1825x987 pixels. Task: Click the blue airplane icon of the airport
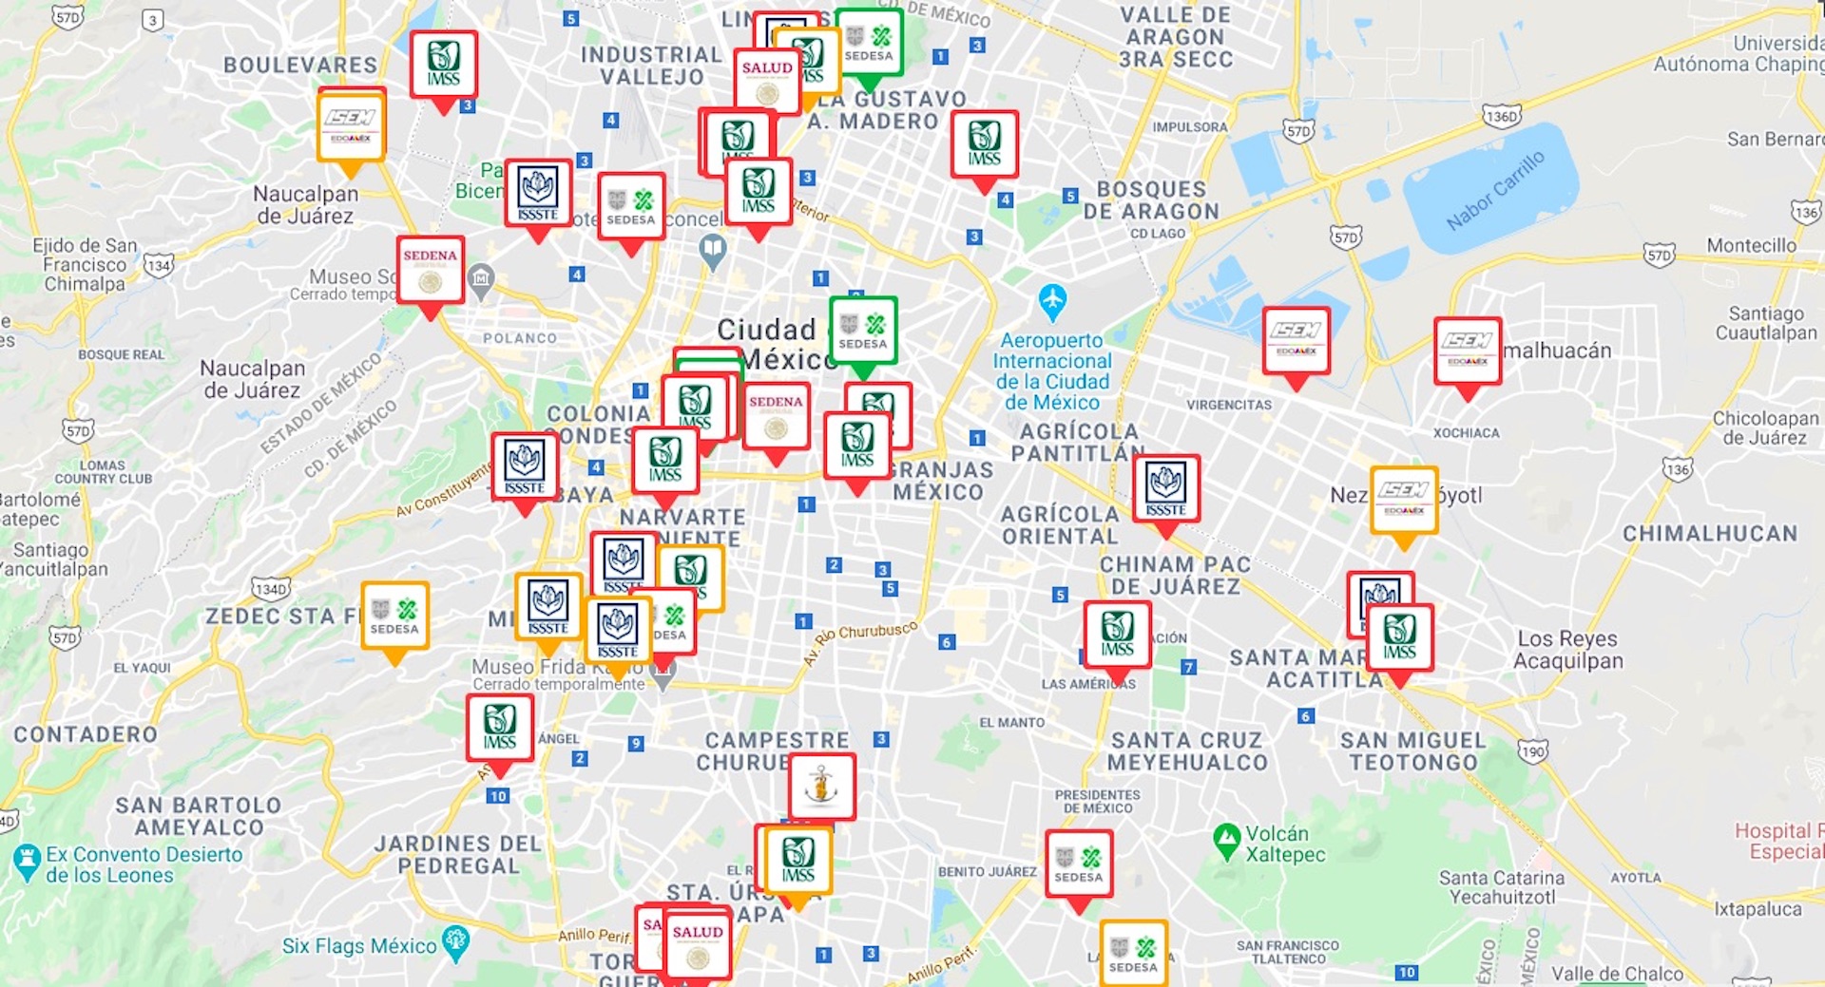tap(1052, 300)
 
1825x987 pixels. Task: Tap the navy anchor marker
tap(821, 787)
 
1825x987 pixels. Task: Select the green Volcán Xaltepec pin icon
tap(1227, 839)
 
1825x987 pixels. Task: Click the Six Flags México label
tap(359, 946)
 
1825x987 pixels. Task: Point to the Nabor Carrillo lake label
tap(1495, 190)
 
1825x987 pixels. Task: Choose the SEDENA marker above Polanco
tap(430, 270)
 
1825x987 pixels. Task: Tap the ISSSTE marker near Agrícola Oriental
tap(1166, 488)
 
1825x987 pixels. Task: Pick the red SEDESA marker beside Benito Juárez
tap(1078, 864)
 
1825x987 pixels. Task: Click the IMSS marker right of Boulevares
tap(443, 65)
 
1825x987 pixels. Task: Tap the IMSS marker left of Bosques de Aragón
tap(985, 144)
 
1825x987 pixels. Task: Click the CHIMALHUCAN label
tap(1709, 534)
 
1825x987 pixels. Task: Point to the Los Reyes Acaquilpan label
tap(1567, 650)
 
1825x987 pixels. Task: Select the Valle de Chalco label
tap(1617, 974)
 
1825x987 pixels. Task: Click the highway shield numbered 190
tap(1532, 752)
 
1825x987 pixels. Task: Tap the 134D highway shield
tap(270, 589)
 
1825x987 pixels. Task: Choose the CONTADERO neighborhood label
tap(86, 734)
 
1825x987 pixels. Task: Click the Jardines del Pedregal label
tap(457, 854)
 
